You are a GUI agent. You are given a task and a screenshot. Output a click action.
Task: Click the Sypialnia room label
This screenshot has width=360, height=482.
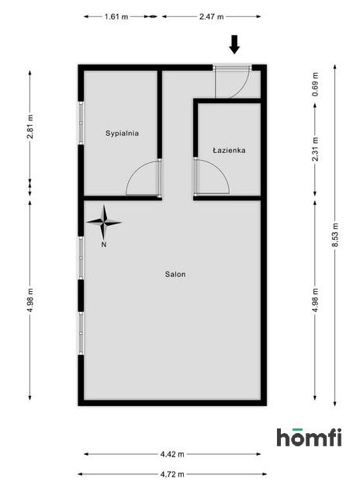pos(123,134)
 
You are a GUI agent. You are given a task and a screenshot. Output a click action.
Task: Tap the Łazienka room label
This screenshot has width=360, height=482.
pos(229,151)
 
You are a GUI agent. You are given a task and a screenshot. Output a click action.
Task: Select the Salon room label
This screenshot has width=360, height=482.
pos(175,274)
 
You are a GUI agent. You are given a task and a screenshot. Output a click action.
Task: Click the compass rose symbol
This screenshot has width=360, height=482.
pos(103,223)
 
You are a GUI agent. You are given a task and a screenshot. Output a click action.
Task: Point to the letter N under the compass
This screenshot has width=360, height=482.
pos(103,244)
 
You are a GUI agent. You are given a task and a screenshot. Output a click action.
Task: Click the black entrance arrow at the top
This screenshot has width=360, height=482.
pos(234,44)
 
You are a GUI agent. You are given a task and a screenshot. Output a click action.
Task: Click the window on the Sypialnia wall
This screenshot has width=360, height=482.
pos(81,122)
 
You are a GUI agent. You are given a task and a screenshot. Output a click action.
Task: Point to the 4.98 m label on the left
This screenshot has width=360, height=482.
pos(30,299)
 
